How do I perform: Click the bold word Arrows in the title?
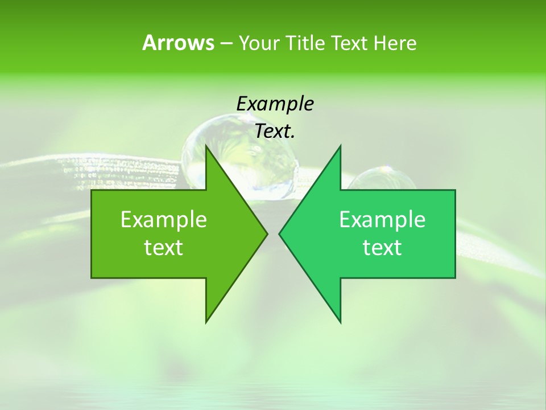(x=178, y=43)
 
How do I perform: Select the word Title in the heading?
(x=305, y=43)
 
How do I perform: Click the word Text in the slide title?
(x=350, y=43)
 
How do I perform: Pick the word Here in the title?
(x=395, y=43)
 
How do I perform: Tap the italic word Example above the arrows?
(x=275, y=104)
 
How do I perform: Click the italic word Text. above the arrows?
(x=275, y=132)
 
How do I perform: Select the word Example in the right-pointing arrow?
(x=164, y=220)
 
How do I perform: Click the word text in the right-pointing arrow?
(x=164, y=248)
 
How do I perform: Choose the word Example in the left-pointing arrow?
(x=382, y=220)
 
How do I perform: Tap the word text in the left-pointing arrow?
(x=382, y=248)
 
